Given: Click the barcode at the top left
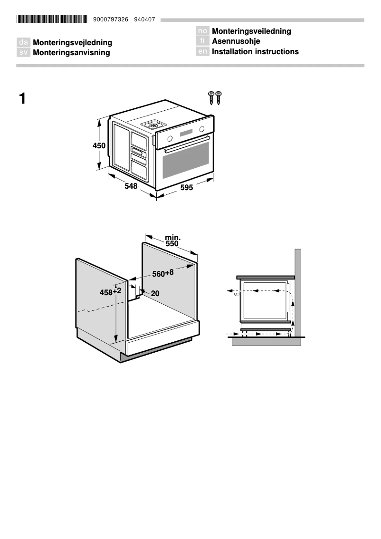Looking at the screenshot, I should click(52, 19).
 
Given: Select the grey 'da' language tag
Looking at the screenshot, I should click(23, 43).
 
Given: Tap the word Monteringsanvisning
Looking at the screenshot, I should click(71, 53).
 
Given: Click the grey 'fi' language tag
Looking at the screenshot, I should click(202, 41).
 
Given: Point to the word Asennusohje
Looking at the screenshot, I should click(236, 41).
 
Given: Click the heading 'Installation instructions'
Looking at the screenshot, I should click(255, 51).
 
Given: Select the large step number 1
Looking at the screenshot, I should click(22, 99).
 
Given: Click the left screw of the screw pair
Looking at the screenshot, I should click(211, 97).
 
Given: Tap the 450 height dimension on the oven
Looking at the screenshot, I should click(99, 146).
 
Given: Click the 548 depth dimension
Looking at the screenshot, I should click(131, 187).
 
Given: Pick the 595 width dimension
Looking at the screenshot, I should click(187, 188).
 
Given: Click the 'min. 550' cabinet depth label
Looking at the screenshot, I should click(172, 241).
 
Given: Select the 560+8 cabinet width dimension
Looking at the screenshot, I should click(162, 274).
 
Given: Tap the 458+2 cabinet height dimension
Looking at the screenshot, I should click(110, 292).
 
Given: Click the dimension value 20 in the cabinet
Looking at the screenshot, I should click(155, 294).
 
